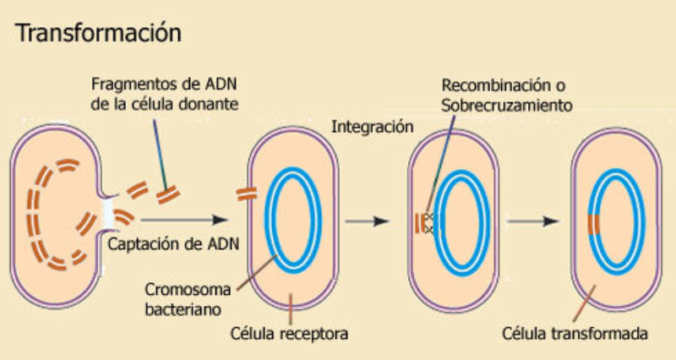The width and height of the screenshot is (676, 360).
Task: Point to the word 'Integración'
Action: coord(373,128)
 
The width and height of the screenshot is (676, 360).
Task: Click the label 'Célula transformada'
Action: coord(575,333)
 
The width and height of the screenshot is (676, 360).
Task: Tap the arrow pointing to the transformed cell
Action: coord(538,221)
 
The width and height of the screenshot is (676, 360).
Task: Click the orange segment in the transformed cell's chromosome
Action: coord(595,224)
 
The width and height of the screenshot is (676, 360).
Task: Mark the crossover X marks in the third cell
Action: coord(429,224)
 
